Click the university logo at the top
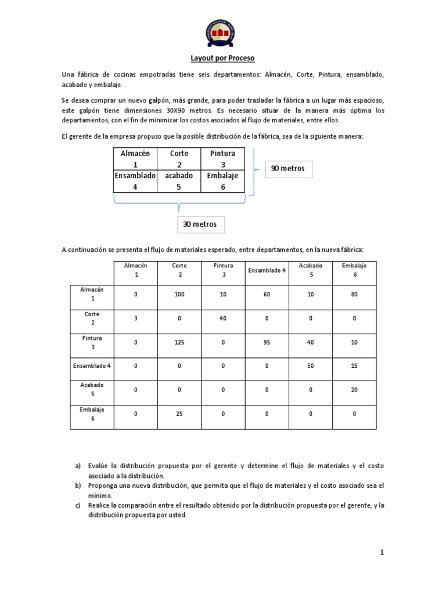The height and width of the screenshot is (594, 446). point(222,32)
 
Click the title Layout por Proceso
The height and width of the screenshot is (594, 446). point(223,59)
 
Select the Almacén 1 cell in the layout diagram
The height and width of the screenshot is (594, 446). point(135,159)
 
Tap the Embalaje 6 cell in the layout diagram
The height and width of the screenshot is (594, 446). point(223,181)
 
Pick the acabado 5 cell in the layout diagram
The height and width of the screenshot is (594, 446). point(179,181)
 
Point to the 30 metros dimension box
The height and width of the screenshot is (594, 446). point(201,224)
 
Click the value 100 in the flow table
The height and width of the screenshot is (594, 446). point(179,294)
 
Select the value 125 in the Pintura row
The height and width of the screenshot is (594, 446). point(179,342)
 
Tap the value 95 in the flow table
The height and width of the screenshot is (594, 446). point(267,342)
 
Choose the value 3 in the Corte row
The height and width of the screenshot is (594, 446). point(136,318)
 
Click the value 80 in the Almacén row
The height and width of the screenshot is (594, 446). point(354,294)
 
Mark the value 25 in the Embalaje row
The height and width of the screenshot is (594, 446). point(179,414)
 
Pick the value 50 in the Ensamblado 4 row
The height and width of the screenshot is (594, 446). point(310,366)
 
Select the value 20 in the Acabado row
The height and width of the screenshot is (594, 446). point(354,390)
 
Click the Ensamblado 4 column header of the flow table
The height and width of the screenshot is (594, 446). point(267,270)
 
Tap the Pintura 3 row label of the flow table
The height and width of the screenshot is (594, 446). point(92,342)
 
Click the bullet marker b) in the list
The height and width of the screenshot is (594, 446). point(77,485)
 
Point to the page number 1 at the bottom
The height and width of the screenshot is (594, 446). point(382,553)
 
